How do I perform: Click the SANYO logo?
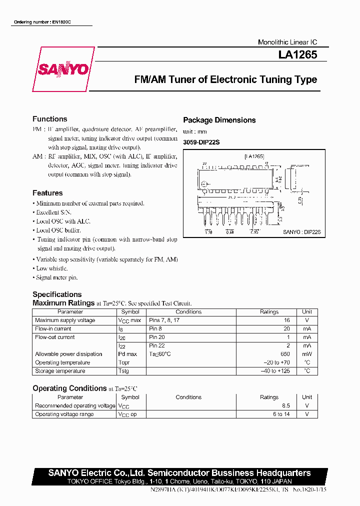(x=63, y=69)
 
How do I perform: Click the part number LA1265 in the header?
(x=297, y=55)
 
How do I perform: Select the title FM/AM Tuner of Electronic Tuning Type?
(x=225, y=79)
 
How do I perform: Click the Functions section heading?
(x=49, y=119)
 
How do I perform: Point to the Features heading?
(x=47, y=193)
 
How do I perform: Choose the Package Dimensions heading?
(x=219, y=120)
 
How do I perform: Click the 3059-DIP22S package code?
(x=201, y=142)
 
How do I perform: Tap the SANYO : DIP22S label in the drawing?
(x=301, y=232)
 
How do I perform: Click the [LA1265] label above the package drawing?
(x=254, y=156)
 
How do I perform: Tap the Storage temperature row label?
(x=60, y=371)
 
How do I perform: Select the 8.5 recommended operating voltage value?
(x=286, y=405)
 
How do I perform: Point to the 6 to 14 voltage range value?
(x=281, y=414)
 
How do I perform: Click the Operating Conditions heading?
(x=69, y=388)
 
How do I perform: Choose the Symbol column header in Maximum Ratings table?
(x=130, y=311)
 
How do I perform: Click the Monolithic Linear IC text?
(x=287, y=42)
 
